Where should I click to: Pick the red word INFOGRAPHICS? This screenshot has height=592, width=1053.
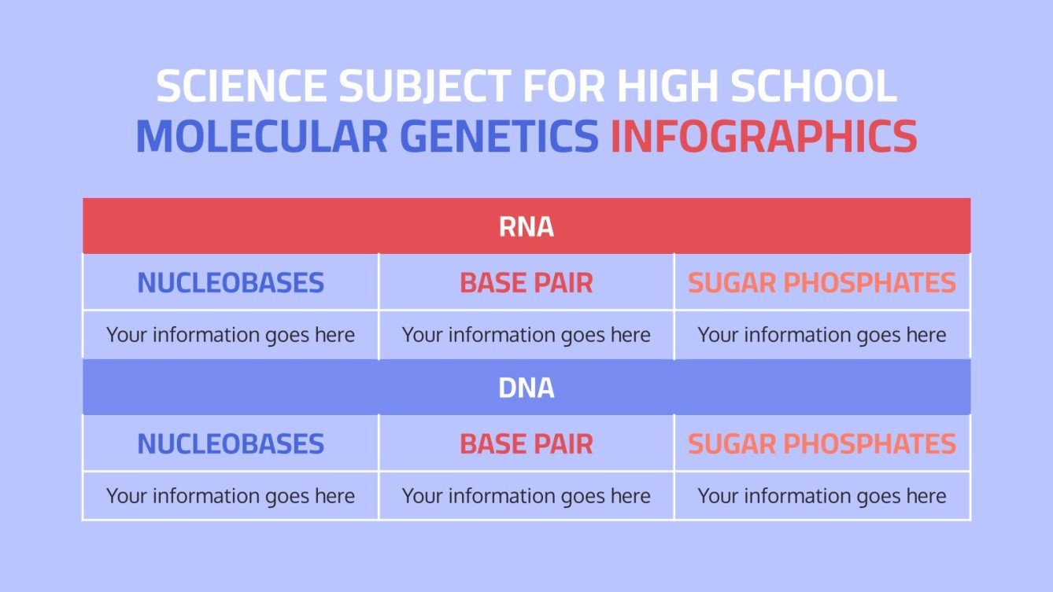tap(763, 137)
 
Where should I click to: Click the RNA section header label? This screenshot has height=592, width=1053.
tap(526, 227)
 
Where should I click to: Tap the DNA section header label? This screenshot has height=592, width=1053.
tap(526, 388)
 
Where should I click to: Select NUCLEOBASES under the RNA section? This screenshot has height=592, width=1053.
tap(231, 283)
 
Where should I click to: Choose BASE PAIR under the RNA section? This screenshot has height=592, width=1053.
tap(526, 283)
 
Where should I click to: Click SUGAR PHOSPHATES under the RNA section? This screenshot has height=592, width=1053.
tap(822, 283)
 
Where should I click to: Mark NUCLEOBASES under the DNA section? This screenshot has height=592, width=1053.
tap(231, 444)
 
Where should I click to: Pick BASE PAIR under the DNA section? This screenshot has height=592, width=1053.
tap(526, 444)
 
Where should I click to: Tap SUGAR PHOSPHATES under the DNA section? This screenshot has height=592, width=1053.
tap(822, 444)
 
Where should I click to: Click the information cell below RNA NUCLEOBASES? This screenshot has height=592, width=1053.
tap(231, 336)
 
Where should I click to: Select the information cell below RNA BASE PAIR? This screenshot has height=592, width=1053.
tap(526, 336)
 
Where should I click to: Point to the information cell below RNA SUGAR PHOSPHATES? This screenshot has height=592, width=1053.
tap(822, 336)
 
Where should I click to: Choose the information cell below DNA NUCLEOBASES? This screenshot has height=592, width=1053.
tap(231, 496)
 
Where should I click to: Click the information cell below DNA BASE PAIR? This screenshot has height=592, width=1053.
tap(526, 496)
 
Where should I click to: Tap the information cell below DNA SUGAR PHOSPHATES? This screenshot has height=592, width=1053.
tap(822, 496)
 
